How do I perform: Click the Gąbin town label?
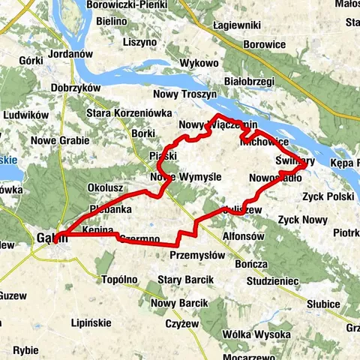click(x=51, y=238)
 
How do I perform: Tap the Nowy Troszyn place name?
click(x=184, y=95)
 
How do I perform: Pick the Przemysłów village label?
click(x=196, y=255)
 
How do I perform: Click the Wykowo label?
click(x=199, y=64)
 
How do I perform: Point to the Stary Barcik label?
click(x=185, y=280)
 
